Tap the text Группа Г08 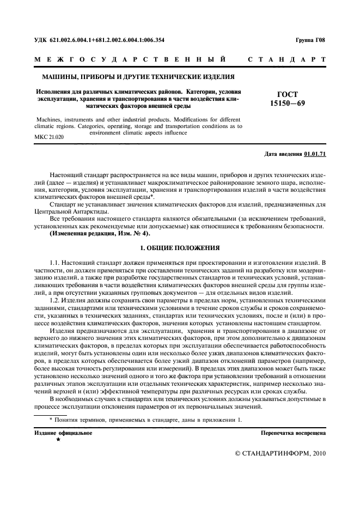[310, 39]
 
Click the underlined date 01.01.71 [315, 154]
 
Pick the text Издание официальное [63, 433]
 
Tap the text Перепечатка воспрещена [294, 433]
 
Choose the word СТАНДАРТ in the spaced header [286, 58]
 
